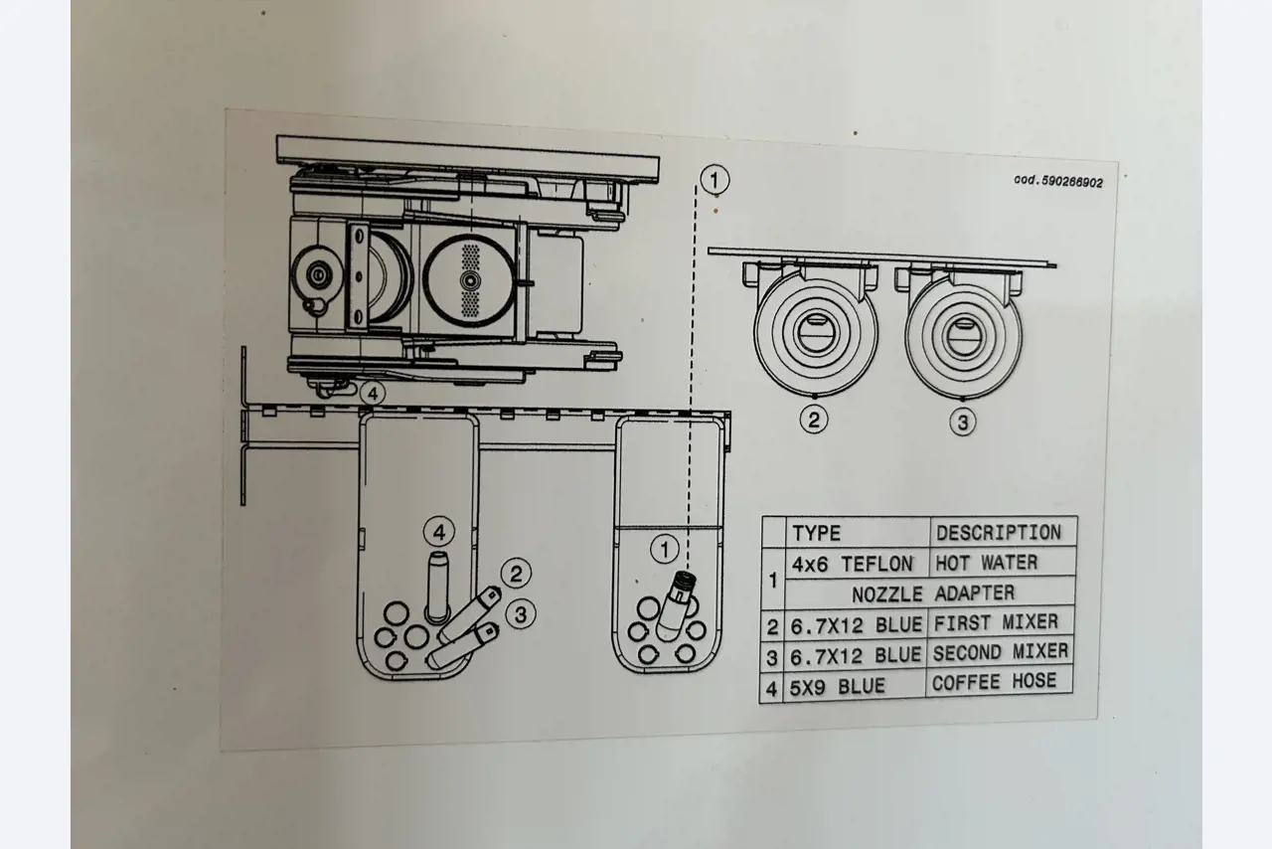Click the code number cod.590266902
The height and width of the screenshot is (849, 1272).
click(x=1057, y=182)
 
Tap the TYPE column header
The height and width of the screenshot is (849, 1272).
click(x=816, y=533)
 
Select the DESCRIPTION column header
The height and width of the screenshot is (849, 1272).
click(x=998, y=532)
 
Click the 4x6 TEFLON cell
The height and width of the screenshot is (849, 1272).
click(x=852, y=564)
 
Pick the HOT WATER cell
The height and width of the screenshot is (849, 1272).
click(x=986, y=563)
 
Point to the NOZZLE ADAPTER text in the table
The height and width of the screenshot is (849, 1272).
click(x=932, y=594)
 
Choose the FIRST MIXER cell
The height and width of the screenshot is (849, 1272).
click(x=995, y=623)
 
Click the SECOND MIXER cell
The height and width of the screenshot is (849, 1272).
click(x=1000, y=653)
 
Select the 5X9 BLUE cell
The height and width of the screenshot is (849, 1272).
click(x=837, y=686)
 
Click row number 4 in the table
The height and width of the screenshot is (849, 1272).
click(x=771, y=687)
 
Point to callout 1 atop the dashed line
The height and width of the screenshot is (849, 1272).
click(x=715, y=180)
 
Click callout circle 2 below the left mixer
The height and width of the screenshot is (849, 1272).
click(x=814, y=420)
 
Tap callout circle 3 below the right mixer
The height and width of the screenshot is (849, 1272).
click(x=961, y=422)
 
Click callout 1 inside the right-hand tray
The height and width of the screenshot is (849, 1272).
click(x=665, y=548)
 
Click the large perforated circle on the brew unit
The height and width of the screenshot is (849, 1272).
click(x=470, y=281)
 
